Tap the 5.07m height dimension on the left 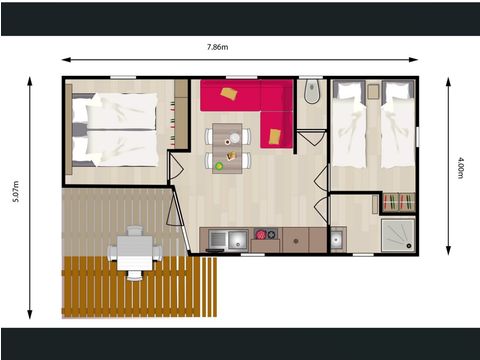tap(14, 198)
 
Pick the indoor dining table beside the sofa tap(229, 146)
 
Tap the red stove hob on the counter tap(266, 237)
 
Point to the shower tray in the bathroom tap(397, 235)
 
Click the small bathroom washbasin tap(337, 239)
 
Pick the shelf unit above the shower tap(396, 202)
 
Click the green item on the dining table tap(219, 164)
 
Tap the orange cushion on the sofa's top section tap(230, 94)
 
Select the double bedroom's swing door tap(175, 165)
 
